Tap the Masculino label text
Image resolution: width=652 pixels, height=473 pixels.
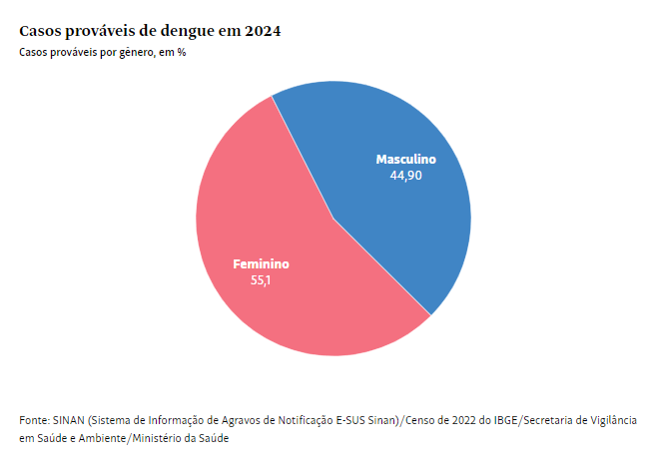[405, 159]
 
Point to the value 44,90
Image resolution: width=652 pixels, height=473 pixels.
[405, 175]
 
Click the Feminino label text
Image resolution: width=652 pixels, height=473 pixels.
[261, 264]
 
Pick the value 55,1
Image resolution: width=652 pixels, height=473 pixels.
[261, 280]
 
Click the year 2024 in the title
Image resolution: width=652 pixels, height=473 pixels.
[260, 31]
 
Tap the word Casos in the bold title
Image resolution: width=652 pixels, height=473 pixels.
[41, 31]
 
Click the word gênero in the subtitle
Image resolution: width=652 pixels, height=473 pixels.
[139, 52]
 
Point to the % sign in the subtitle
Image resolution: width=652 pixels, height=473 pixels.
[182, 52]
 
